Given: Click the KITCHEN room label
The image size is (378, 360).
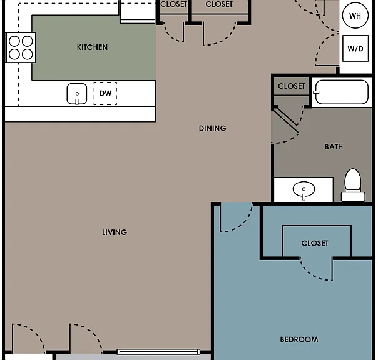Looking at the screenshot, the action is tap(93, 47).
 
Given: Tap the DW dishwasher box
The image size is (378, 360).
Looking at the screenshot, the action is tap(105, 93).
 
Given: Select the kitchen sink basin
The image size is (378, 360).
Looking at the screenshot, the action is tap(77, 94).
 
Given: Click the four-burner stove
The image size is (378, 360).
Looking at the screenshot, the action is tap(21, 47).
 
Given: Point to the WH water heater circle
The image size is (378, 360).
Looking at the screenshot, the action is tap(355, 16).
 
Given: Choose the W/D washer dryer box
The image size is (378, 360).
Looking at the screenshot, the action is tap(355, 48).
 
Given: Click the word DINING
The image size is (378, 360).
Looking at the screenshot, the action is tap(213, 128).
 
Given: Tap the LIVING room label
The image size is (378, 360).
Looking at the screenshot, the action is tap(115, 232).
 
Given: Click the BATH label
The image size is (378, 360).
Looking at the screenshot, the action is tap(334, 147).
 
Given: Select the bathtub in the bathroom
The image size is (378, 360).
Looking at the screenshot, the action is tap(342, 92).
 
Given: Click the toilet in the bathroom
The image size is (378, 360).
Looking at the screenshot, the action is tap(353, 185).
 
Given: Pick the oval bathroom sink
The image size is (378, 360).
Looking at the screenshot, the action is tap(304, 189).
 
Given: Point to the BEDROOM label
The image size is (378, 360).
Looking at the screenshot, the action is tap(299, 339).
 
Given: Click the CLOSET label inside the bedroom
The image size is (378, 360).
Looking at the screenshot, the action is tap(315, 243).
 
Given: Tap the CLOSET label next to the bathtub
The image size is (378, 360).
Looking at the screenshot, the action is tap(292, 86).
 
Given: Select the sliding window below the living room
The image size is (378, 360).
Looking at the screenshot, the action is tap(158, 352).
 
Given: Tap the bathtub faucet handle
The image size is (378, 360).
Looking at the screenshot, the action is tap(316, 92).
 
